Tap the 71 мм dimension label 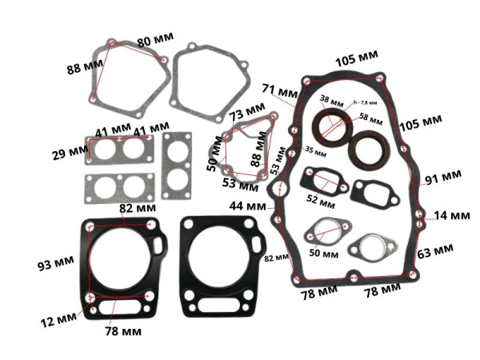pyautogui.click(x=281, y=89)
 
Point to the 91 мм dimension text pyautogui.click(x=442, y=175)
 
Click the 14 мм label pyautogui.click(x=452, y=215)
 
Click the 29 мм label pyautogui.click(x=67, y=151)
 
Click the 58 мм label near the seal pyautogui.click(x=370, y=117)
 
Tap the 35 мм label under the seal pyautogui.click(x=316, y=150)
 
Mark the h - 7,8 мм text pyautogui.click(x=366, y=102)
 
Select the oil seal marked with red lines pyautogui.click(x=330, y=128)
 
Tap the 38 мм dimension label pyautogui.click(x=330, y=101)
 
